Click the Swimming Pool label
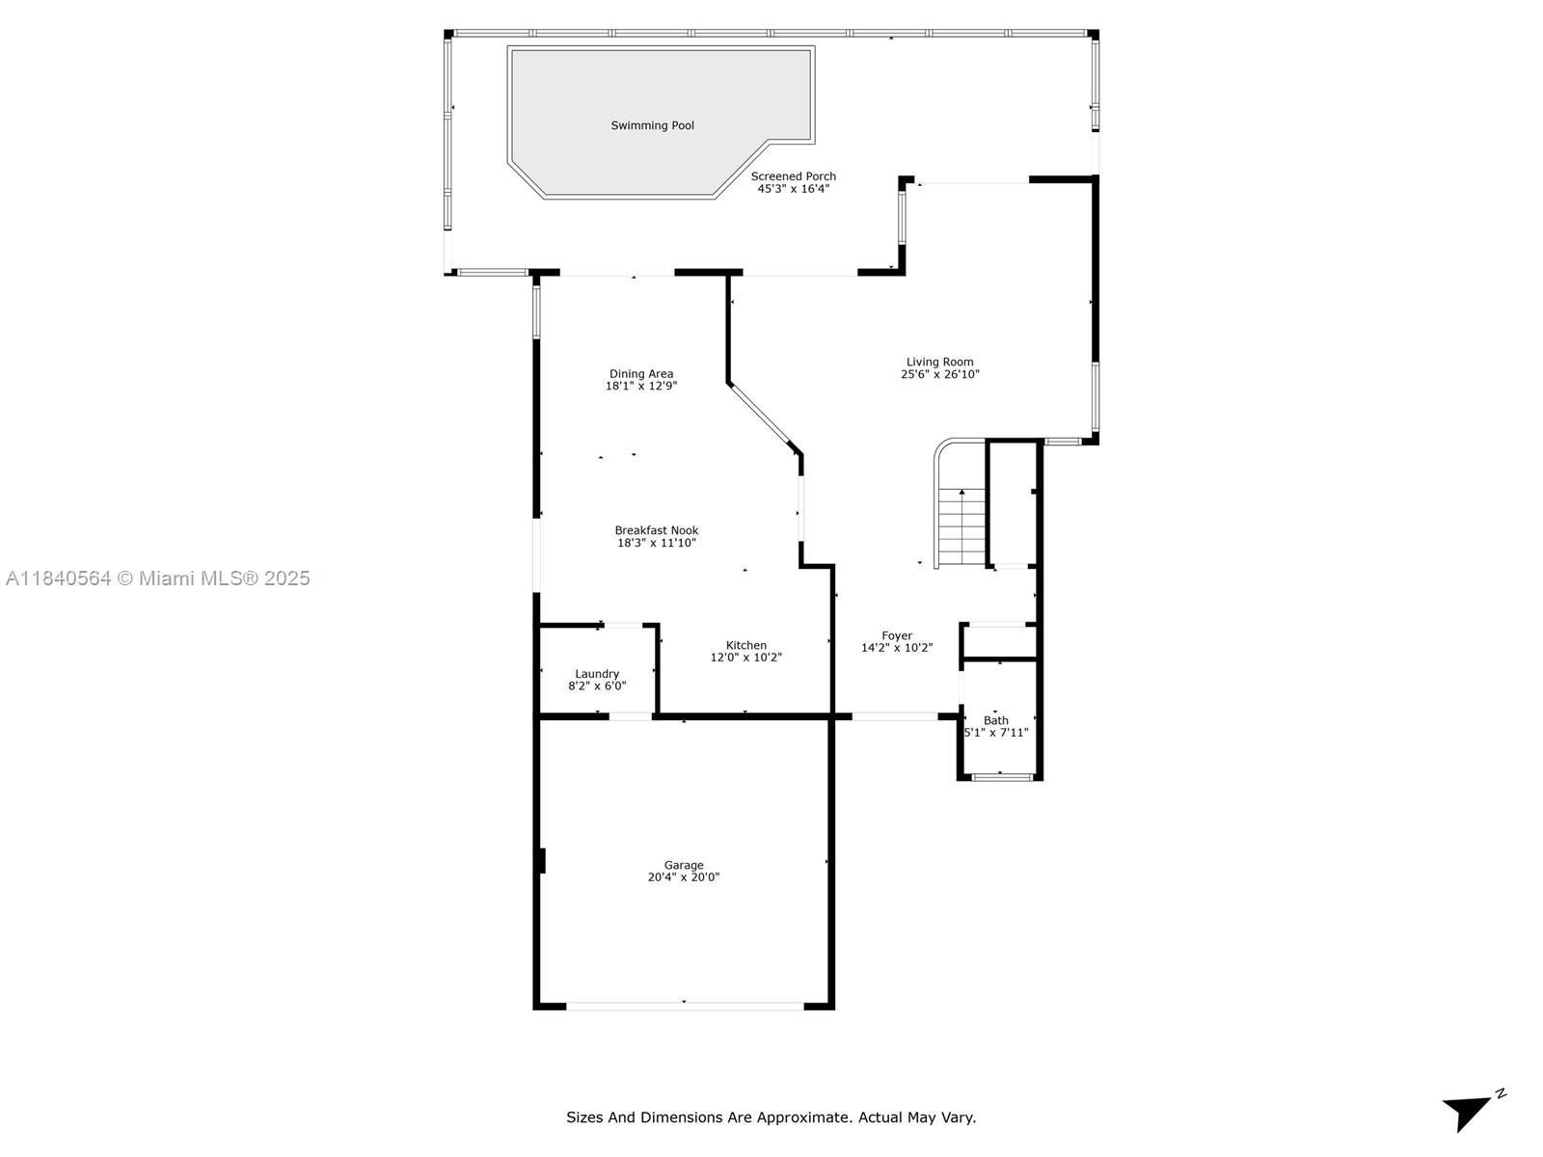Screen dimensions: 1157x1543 652,125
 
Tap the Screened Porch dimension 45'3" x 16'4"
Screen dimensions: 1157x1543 793,189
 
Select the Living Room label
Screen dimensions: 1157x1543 939,362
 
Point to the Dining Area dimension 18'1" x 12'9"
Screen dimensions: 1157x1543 640,386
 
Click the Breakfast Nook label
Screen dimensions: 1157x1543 656,530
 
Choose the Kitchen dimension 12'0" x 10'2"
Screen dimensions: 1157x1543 745,658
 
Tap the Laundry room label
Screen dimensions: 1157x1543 597,674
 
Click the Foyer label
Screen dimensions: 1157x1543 896,635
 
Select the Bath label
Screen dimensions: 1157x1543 995,720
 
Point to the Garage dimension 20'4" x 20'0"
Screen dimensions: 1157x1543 683,877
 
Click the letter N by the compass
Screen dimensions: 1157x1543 1501,1093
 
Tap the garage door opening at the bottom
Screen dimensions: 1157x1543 685,1006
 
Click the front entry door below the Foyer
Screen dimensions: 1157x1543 894,716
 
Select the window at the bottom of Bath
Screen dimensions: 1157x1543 1001,776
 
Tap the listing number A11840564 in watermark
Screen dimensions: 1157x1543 58,578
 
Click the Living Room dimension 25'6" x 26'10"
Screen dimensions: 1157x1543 939,374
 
